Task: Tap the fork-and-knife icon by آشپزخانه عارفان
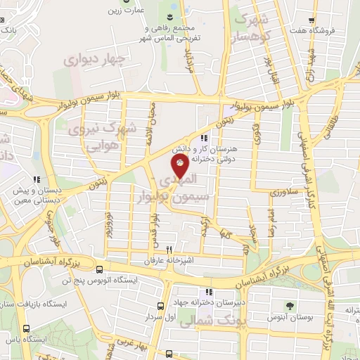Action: (169, 250)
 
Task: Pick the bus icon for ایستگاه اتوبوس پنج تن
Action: (99, 270)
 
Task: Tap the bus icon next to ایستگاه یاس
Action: (27, 328)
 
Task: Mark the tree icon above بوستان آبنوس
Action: (289, 305)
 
